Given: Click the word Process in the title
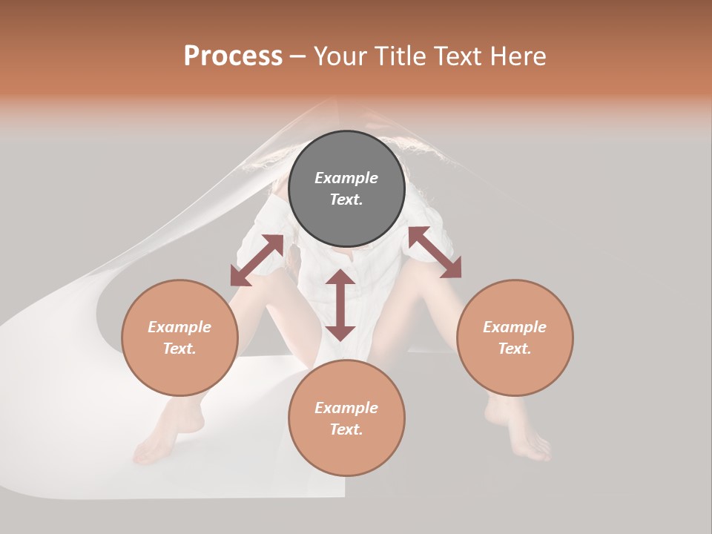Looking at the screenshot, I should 233,56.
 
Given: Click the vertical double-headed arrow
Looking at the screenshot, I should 340,305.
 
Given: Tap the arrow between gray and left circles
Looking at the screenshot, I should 257,260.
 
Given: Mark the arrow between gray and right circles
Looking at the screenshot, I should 435,252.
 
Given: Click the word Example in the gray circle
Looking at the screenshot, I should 346,178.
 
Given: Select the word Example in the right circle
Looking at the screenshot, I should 515,327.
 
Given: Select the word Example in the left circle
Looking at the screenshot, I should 179,327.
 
